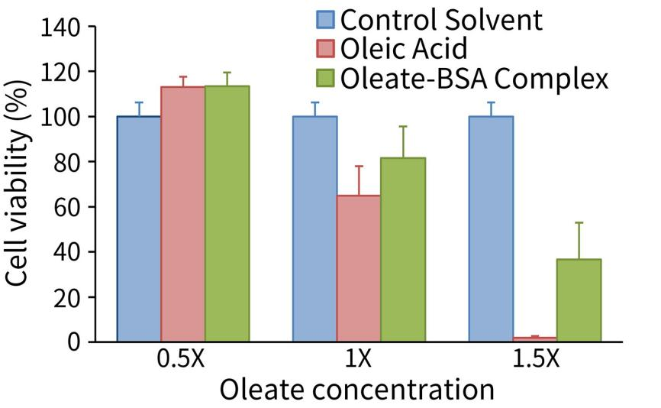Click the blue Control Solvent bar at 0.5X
pyautogui.click(x=139, y=228)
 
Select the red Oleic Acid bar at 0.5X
pyautogui.click(x=183, y=214)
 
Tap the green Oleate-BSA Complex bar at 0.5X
pyautogui.click(x=227, y=213)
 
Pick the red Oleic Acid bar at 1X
pyautogui.click(x=359, y=268)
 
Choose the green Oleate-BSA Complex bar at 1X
pyautogui.click(x=403, y=249)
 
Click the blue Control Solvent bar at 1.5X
pyautogui.click(x=491, y=228)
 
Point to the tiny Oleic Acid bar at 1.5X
pyautogui.click(x=535, y=338)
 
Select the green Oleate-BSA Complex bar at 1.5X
pyautogui.click(x=579, y=300)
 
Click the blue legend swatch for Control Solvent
pyautogui.click(x=326, y=20)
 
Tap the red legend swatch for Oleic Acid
pyautogui.click(x=326, y=50)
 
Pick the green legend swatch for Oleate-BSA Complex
pyautogui.click(x=326, y=79)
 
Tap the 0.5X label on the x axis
pyautogui.click(x=183, y=360)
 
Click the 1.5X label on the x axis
pyautogui.click(x=534, y=360)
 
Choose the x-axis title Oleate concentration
pyautogui.click(x=357, y=389)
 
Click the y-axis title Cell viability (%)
pyautogui.click(x=21, y=185)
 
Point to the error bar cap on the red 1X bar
pyautogui.click(x=359, y=167)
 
